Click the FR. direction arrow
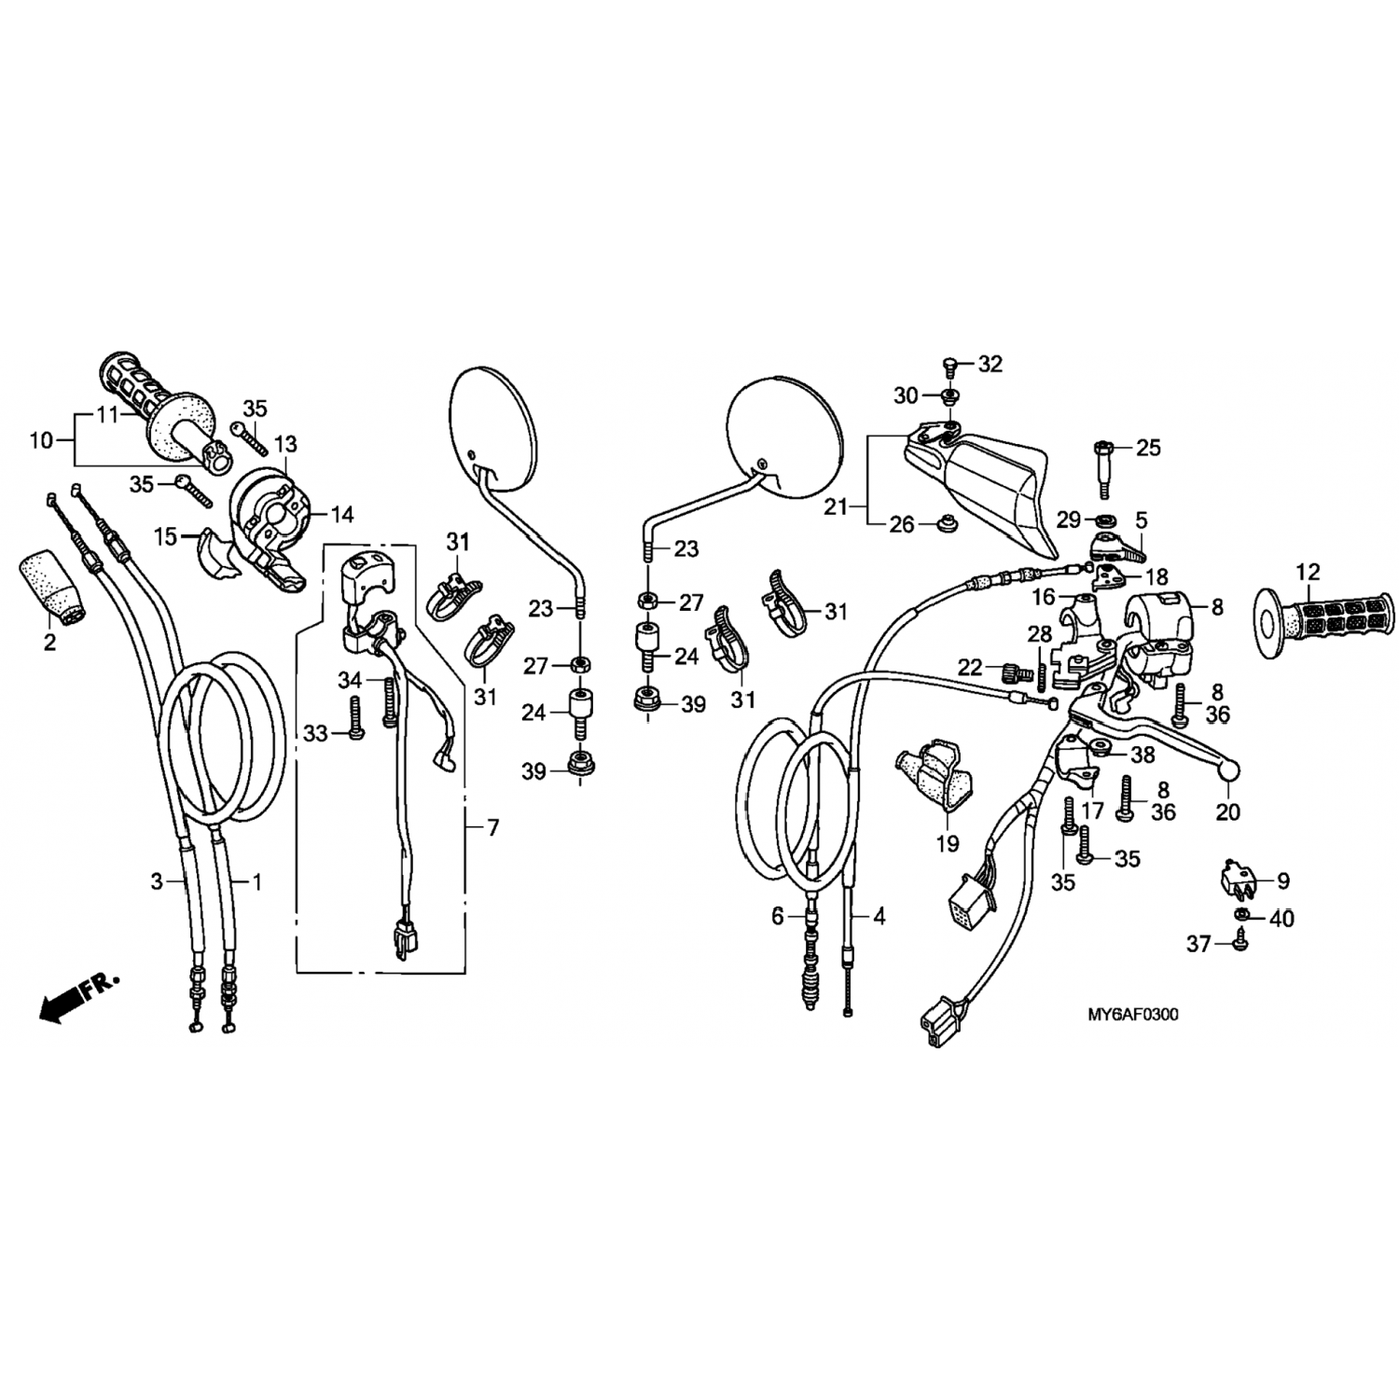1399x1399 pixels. click(x=79, y=997)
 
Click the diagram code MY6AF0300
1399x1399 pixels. click(x=1131, y=1014)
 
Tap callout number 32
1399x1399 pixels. click(x=990, y=364)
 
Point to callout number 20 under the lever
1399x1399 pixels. click(x=1228, y=812)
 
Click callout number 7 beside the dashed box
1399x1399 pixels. click(x=492, y=827)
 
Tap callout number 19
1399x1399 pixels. click(x=948, y=844)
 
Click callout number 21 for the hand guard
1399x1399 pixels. click(x=837, y=506)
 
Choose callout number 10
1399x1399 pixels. click(x=41, y=440)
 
